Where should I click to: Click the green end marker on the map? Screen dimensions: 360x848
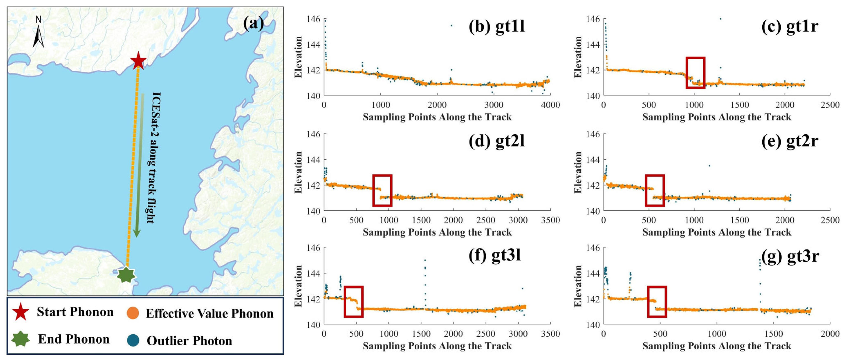(126, 275)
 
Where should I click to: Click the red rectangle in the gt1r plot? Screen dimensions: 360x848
(695, 73)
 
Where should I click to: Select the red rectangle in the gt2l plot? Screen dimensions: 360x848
(382, 191)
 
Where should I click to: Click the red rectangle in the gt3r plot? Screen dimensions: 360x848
(657, 302)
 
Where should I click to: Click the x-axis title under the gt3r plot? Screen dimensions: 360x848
(717, 346)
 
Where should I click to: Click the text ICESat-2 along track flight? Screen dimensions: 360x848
(154, 158)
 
